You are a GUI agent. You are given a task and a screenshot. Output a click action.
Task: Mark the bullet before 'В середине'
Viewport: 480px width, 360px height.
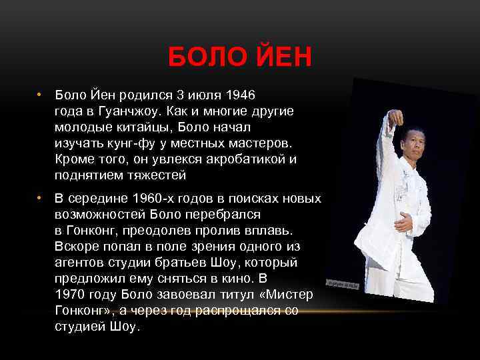40,199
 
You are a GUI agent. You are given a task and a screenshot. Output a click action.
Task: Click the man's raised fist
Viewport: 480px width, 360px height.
396,119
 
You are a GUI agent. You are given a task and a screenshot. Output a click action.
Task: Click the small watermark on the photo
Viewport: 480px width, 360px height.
343,285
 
